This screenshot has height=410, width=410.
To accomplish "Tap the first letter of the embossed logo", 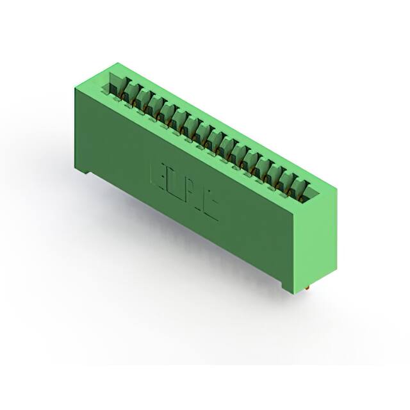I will tap(158, 175).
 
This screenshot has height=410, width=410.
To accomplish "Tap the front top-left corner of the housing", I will tap(76, 88).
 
